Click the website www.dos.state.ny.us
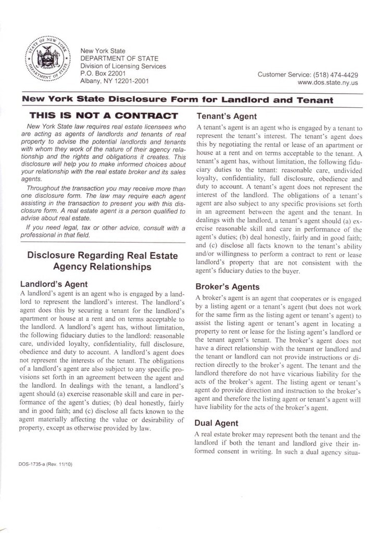click(x=328, y=82)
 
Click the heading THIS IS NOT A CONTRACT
click(x=104, y=116)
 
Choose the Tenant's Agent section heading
click(x=226, y=116)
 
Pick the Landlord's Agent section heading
click(x=54, y=284)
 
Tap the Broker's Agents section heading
click(x=227, y=286)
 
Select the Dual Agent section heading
click(x=217, y=423)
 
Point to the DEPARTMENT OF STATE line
click(x=119, y=59)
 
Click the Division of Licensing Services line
click(x=123, y=66)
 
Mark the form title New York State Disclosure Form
click(x=177, y=99)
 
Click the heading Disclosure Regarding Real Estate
click(x=103, y=256)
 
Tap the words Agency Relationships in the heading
click(x=103, y=267)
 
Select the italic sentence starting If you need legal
click(x=103, y=231)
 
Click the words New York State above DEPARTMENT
click(x=103, y=51)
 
